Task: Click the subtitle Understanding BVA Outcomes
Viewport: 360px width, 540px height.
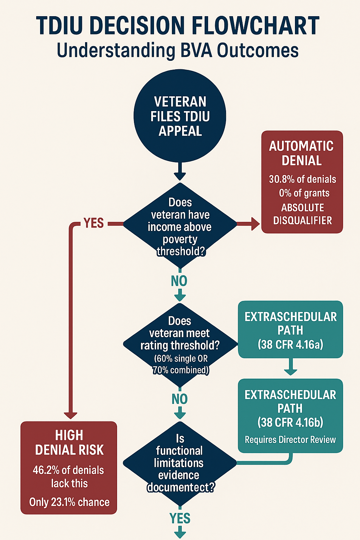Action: (x=178, y=50)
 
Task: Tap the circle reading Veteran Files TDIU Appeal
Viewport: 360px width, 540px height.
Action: (x=180, y=116)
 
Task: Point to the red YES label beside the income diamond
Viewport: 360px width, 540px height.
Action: (x=94, y=223)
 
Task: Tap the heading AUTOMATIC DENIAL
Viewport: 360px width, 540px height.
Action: (x=302, y=153)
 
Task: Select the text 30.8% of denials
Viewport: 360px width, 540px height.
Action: (x=302, y=179)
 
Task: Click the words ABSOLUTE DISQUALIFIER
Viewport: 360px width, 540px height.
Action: (x=302, y=214)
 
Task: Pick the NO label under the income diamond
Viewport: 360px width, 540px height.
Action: (x=179, y=281)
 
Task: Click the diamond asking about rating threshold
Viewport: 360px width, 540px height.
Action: (x=180, y=345)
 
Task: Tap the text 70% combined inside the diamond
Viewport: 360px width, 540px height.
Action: (x=180, y=370)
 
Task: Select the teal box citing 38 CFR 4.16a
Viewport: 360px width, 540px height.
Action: (x=290, y=330)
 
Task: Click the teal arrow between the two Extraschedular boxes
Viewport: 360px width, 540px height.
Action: (x=290, y=368)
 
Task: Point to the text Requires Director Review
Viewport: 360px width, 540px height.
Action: (x=290, y=440)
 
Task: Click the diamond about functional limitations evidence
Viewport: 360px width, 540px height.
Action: (x=180, y=463)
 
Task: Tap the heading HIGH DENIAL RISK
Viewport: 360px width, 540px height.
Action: (x=69, y=443)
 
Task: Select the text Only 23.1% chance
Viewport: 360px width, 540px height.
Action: (x=69, y=502)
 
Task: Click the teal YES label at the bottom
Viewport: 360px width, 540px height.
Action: (x=180, y=518)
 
